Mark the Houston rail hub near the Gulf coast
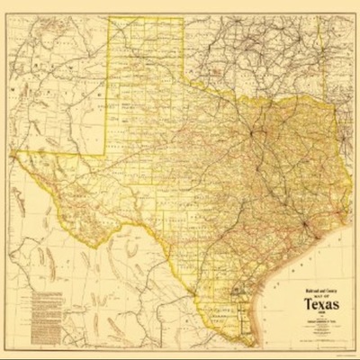click(x=306, y=221)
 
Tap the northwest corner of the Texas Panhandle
click(x=110, y=19)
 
